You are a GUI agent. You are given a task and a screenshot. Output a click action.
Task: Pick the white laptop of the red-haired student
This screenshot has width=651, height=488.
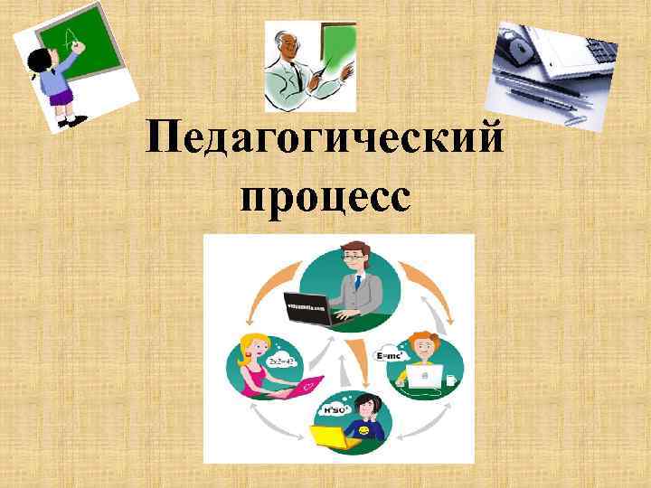[x=422, y=375]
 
